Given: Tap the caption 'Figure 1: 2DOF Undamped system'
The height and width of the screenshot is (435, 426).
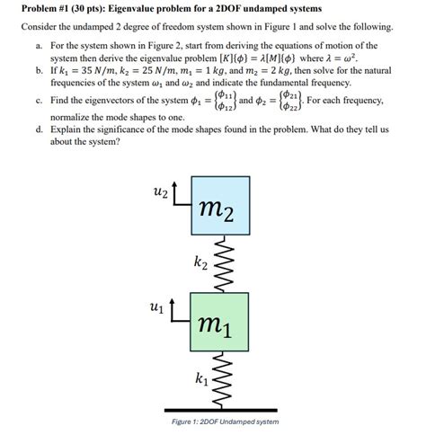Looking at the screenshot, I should pyautogui.click(x=225, y=422).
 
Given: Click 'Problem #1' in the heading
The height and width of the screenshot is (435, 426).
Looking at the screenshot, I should pyautogui.click(x=47, y=8).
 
